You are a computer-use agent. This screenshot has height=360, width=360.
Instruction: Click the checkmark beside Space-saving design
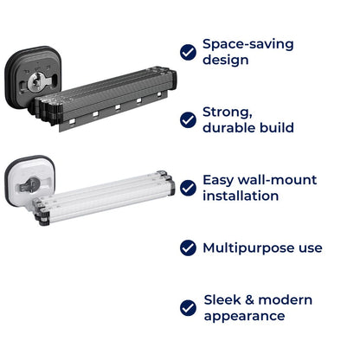(188, 52)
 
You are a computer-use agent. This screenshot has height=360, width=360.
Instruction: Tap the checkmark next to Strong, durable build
(188, 120)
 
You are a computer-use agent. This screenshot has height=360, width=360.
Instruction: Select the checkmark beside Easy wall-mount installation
(188, 188)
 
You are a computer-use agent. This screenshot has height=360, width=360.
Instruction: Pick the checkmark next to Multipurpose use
(188, 247)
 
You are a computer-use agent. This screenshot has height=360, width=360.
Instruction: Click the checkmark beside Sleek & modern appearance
(188, 308)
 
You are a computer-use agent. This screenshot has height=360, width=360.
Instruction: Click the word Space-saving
(248, 44)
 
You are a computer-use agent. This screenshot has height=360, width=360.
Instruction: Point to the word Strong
(228, 112)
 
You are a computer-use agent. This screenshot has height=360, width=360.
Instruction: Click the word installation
(241, 196)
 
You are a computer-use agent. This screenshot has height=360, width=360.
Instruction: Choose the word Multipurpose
(248, 248)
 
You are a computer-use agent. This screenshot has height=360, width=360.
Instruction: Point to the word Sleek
(222, 299)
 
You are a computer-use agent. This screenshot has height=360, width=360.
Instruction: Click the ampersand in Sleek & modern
(249, 300)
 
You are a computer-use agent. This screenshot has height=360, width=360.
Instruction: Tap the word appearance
(244, 317)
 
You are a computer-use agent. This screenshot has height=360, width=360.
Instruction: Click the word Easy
(217, 181)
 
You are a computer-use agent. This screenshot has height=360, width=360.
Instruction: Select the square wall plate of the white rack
(30, 181)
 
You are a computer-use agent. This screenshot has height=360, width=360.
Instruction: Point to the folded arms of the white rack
(104, 197)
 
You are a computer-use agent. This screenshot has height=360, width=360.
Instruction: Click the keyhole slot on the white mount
(31, 185)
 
